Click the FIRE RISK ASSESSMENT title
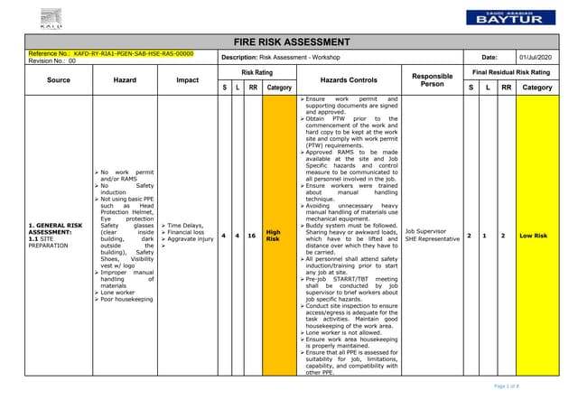(x=289, y=42)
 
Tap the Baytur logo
(x=505, y=16)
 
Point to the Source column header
(x=59, y=79)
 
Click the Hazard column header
(x=125, y=79)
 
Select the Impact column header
(x=187, y=79)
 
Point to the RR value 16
(x=254, y=236)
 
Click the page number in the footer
(x=531, y=386)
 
